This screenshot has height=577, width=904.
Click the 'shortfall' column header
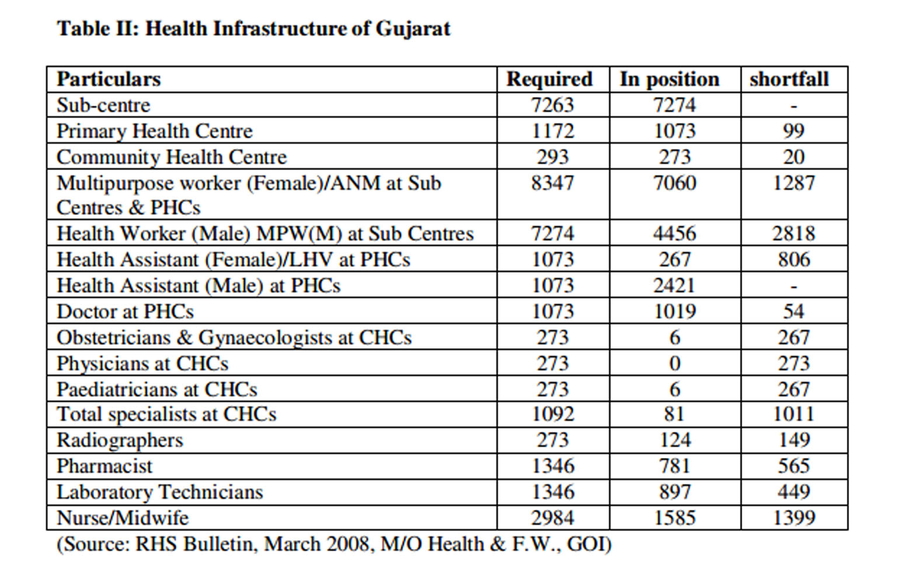point(789,79)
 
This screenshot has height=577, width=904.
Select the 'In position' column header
point(669,79)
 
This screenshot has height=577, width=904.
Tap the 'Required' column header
point(549,79)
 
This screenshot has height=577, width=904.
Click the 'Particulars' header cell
point(109,79)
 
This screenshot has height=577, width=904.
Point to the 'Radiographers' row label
point(120,440)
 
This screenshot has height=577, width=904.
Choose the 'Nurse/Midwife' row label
point(123,518)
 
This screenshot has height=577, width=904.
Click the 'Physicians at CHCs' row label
point(142,364)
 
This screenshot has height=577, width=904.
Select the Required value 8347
point(552,183)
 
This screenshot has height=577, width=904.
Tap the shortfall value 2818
point(793,234)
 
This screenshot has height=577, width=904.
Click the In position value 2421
point(674,286)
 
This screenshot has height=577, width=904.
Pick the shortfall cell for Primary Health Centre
point(793,131)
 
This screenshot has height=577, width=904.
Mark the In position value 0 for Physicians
point(674,364)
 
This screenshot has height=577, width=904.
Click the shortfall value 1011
point(793,414)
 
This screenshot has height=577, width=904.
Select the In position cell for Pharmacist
point(674,466)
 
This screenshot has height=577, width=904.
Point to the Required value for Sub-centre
point(552,105)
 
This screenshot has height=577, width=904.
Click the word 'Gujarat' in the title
point(413,29)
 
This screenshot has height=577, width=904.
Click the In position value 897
point(674,492)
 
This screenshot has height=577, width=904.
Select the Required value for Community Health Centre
point(552,157)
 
